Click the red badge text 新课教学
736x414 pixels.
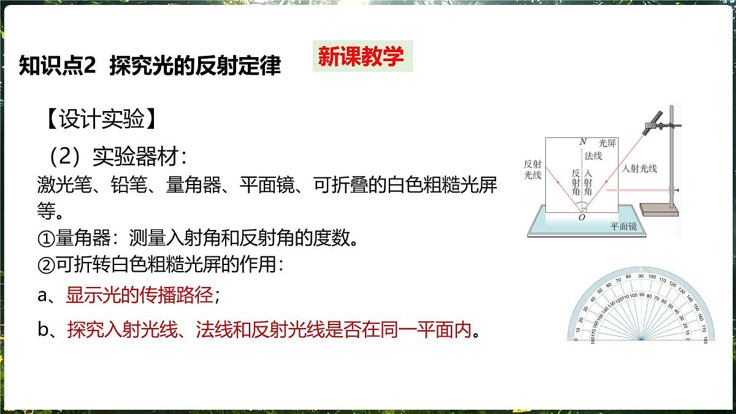361,56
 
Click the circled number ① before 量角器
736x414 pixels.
47,238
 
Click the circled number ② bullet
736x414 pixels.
47,265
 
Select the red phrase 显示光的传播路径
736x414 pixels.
140,295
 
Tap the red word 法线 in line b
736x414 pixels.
212,331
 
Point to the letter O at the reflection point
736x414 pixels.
581,217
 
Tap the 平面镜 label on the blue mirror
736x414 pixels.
623,226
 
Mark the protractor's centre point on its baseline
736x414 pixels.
640,339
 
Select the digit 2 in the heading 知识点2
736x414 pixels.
91,65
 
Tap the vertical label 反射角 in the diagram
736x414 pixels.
575,182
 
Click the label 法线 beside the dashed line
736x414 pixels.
593,156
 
